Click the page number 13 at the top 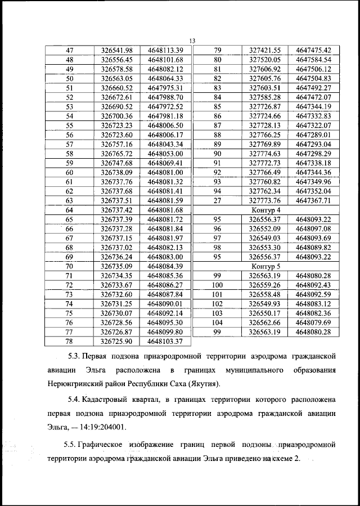point(192,41)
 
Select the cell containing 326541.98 point(116,50)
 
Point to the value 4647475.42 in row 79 point(313,50)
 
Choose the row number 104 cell point(218,323)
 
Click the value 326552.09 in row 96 point(265,229)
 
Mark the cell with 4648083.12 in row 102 point(313,304)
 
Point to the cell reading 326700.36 point(116,115)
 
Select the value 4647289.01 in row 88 point(313,135)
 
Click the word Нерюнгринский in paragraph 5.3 point(77,384)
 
